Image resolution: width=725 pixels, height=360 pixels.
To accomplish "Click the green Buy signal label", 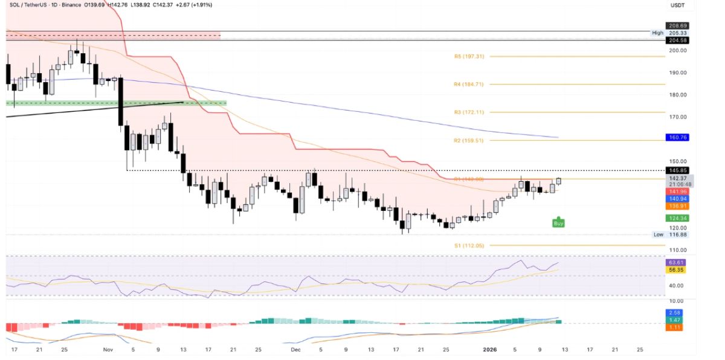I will [x=559, y=223].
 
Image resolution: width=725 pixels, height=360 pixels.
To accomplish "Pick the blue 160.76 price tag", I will [x=676, y=137].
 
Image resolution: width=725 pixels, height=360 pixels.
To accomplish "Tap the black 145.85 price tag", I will [x=676, y=170].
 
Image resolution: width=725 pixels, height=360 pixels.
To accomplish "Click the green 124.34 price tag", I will [x=676, y=217].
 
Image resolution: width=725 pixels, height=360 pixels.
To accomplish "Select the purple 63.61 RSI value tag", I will [x=676, y=263].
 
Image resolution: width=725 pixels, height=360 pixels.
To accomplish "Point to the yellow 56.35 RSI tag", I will [x=676, y=270].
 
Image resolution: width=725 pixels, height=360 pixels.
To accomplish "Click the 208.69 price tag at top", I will [x=676, y=26].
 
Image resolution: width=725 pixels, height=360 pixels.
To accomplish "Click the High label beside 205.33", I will [x=657, y=33].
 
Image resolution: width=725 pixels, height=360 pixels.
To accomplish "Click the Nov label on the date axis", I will [x=108, y=349].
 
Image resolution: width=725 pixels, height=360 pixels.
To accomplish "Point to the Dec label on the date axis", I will [x=295, y=349].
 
